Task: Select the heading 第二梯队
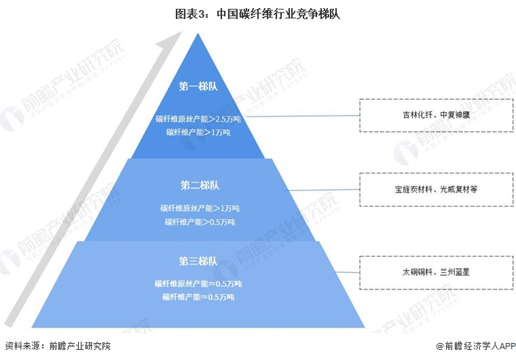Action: pos(199,184)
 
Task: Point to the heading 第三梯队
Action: pos(198,260)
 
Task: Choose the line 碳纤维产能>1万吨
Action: pos(198,132)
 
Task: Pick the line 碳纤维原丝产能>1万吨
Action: pos(198,208)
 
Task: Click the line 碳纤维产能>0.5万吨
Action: pos(198,221)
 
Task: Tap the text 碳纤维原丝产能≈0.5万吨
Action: pos(198,283)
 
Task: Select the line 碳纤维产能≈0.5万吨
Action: pos(198,297)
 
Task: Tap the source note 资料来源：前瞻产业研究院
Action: pos(58,345)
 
